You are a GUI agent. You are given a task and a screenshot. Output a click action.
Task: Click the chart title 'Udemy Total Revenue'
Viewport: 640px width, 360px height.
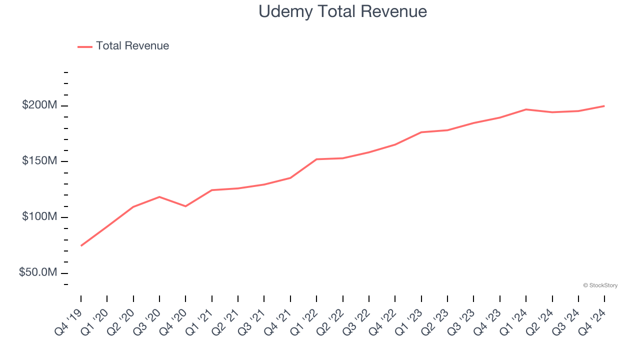click(x=342, y=11)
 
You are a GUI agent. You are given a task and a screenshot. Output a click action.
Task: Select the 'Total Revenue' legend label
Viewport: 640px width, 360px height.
click(x=132, y=46)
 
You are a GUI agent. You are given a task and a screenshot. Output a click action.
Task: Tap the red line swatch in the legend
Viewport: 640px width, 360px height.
click(x=85, y=46)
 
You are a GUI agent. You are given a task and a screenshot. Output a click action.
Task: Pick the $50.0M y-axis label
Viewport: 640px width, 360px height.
click(x=38, y=273)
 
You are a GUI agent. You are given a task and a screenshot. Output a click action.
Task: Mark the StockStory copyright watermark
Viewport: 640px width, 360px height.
click(x=600, y=285)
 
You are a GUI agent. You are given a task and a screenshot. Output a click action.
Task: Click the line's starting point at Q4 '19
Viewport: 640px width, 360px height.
click(x=81, y=245)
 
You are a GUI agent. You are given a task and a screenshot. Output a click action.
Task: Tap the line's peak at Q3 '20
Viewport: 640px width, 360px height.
click(x=159, y=196)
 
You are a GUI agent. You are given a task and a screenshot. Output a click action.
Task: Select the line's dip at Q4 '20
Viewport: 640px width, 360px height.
click(x=185, y=206)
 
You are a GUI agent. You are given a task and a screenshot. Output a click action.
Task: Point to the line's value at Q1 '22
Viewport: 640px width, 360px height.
click(x=316, y=159)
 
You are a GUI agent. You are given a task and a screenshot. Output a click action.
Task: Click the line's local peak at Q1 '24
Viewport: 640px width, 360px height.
click(x=526, y=109)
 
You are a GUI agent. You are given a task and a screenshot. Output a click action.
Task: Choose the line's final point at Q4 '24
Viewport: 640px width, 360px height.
click(x=604, y=106)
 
